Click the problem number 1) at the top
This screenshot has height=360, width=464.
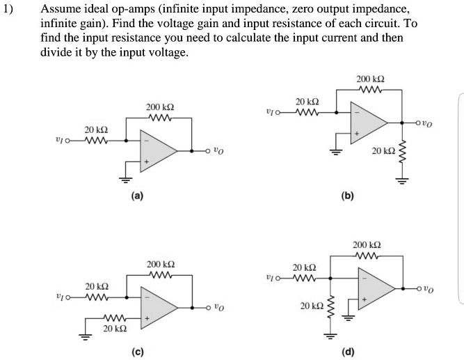pos(8,11)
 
